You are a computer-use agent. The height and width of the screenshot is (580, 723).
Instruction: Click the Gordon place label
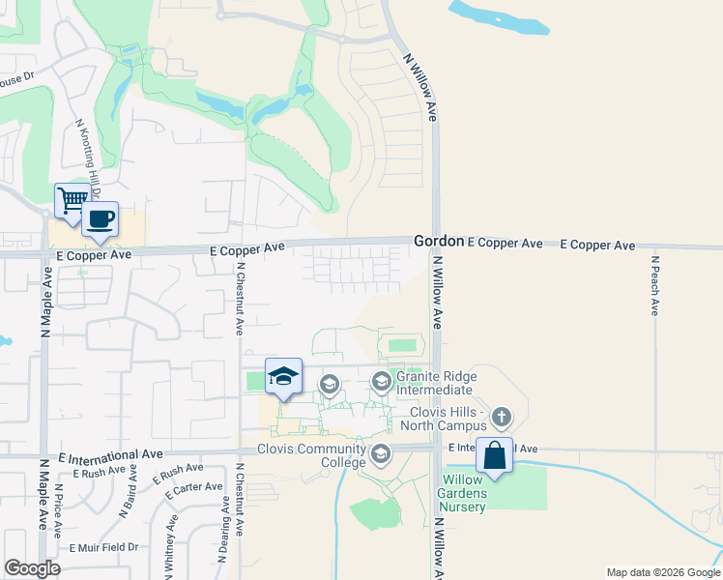click(x=439, y=240)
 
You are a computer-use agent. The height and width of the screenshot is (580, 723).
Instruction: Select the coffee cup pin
click(x=100, y=219)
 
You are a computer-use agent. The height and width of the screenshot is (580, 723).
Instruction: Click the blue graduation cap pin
click(x=283, y=377)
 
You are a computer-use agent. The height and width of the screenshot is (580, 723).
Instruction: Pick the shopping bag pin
click(x=494, y=455)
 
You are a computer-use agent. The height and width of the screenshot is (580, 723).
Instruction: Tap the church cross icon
click(x=501, y=417)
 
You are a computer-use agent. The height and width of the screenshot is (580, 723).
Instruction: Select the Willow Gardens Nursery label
click(x=464, y=493)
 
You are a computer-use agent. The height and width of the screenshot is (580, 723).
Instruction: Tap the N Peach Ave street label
click(x=654, y=285)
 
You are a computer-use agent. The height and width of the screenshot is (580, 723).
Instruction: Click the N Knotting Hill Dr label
click(x=88, y=159)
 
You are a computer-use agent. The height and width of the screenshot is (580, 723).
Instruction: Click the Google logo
click(x=32, y=568)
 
